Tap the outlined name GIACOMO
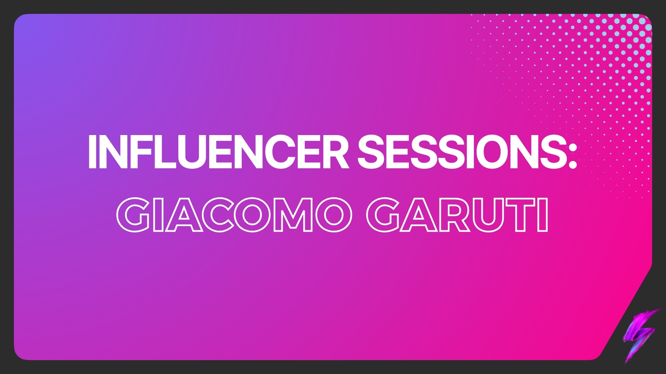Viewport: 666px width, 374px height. pyautogui.click(x=234, y=215)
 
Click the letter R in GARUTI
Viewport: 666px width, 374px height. pyautogui.click(x=454, y=215)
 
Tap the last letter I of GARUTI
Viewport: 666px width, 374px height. pyautogui.click(x=543, y=215)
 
